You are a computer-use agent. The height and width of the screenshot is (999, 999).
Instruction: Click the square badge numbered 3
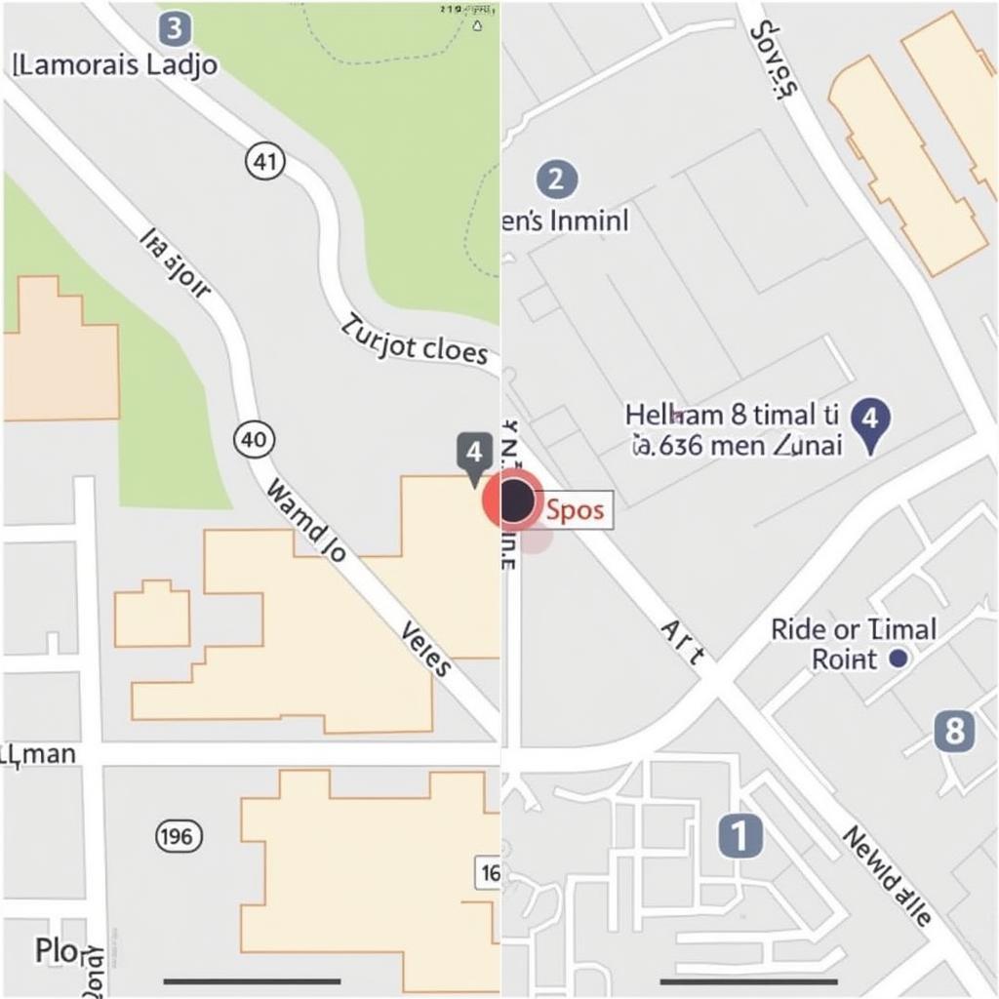click(174, 29)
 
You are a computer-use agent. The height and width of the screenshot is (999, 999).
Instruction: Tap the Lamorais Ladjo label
click(117, 66)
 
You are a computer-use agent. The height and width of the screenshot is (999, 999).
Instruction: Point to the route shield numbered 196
click(180, 835)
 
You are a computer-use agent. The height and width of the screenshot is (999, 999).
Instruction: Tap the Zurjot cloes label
click(414, 340)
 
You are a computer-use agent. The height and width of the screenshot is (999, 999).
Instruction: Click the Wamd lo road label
click(306, 521)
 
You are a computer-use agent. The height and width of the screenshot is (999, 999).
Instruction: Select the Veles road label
click(426, 650)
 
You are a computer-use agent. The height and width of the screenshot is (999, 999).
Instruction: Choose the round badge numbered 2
click(556, 180)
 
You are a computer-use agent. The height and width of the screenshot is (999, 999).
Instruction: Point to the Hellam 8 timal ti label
click(732, 415)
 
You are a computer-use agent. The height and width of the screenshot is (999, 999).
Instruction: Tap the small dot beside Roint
click(899, 659)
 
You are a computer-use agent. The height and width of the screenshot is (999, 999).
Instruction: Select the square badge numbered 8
click(953, 731)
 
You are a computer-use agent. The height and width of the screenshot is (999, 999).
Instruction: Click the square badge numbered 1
click(739, 836)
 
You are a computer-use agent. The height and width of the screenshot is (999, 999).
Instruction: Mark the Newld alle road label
click(885, 876)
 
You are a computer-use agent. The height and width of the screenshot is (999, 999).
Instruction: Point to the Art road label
click(682, 642)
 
